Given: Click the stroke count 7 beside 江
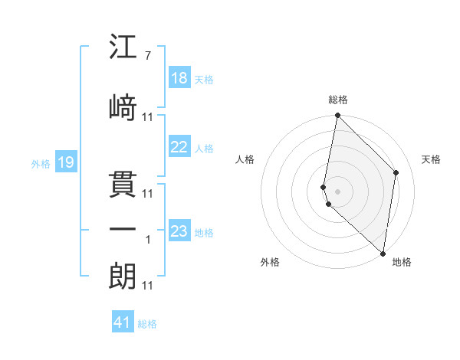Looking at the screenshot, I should (147, 57).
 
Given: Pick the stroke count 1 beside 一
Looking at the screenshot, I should (148, 240).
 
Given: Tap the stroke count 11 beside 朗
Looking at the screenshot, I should (148, 286).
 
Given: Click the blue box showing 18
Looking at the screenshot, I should (179, 78).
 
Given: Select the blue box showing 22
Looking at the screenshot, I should (179, 147).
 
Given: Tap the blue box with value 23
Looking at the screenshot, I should (179, 231).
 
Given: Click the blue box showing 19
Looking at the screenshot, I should (65, 162).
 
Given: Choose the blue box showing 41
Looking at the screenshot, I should (123, 322).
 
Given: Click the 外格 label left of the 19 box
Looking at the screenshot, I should (41, 163).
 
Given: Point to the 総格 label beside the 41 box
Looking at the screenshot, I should (147, 324).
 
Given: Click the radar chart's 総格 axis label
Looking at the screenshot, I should (337, 100).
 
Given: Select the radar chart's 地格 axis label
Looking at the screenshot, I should (402, 262).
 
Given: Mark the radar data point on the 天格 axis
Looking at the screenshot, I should (396, 172).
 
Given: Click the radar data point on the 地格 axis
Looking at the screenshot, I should (383, 253).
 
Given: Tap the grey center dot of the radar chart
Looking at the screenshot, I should (337, 190).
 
